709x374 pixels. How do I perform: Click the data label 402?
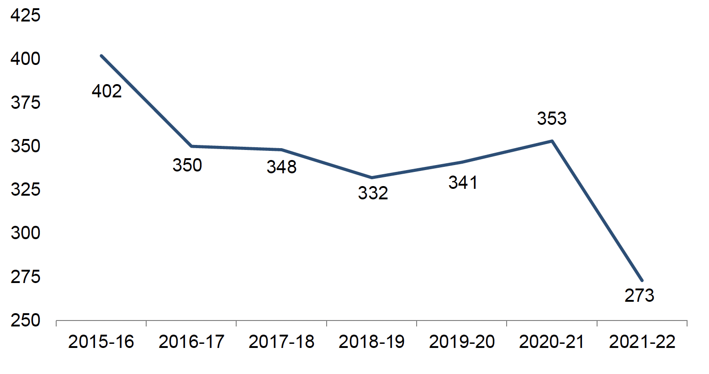coord(107,91)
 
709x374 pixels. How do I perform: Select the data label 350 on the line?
coord(187,165)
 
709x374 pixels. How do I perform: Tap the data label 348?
coord(281,167)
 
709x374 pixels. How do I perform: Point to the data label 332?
coord(373,193)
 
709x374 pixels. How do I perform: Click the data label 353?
coord(551,119)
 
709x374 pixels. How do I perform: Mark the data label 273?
coord(639,295)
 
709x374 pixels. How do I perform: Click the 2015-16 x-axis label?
coord(101,342)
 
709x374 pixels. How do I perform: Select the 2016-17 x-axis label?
coord(191,342)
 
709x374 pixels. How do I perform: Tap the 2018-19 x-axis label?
coord(372,342)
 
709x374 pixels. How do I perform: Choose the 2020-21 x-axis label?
coord(552,342)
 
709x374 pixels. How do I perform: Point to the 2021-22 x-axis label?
coord(642,342)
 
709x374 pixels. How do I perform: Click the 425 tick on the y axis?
coord(26,16)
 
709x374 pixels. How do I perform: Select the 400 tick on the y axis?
coord(26,59)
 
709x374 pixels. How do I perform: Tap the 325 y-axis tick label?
coord(26,189)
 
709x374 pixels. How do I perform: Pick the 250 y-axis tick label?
coord(26,321)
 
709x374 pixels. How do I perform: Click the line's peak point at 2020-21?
coord(552,141)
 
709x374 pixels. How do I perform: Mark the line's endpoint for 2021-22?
coord(642,280)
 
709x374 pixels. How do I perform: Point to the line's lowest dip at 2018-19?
coord(372,177)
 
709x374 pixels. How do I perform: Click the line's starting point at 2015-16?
coord(101,56)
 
